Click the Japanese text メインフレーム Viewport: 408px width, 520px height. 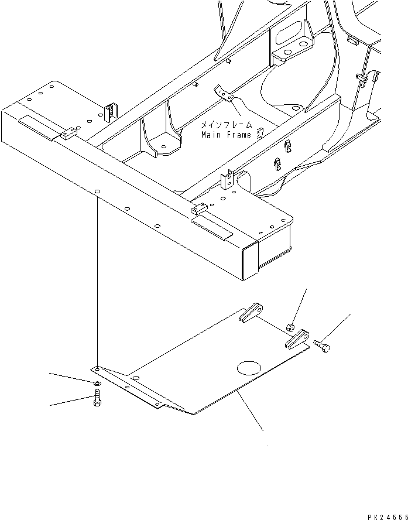coord(227,125)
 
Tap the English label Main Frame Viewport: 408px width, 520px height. coord(226,135)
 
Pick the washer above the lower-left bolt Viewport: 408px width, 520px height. coord(96,384)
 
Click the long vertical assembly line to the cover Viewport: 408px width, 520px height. coord(94,281)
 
